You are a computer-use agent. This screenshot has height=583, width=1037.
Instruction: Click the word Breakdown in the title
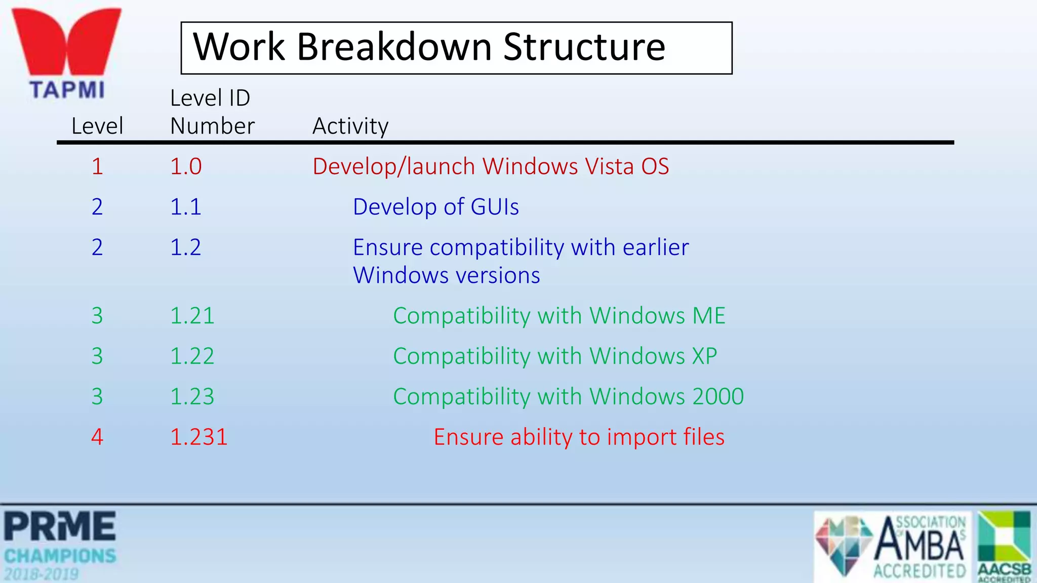tap(394, 47)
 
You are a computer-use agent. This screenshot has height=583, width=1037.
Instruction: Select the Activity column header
tap(350, 126)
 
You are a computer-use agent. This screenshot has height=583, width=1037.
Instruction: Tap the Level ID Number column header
tap(212, 112)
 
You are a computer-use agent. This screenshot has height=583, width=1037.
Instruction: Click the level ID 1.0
tap(186, 166)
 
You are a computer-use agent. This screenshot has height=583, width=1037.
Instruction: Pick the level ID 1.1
tap(186, 207)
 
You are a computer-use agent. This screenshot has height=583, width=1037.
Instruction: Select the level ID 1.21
tap(192, 316)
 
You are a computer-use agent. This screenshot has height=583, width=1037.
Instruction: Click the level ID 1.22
tap(192, 356)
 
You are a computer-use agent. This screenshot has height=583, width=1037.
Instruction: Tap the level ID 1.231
tap(199, 437)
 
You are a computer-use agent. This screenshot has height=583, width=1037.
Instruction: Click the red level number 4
tap(97, 437)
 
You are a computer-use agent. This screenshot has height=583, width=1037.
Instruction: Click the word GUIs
tap(495, 207)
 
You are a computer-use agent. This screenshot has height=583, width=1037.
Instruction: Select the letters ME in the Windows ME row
tap(709, 316)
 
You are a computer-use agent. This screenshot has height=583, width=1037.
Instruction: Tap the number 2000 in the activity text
tap(718, 397)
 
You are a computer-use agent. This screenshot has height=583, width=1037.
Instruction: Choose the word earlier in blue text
tap(656, 247)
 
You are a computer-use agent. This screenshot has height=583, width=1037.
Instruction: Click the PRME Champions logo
tap(60, 546)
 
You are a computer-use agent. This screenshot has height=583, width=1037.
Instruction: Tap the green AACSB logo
tap(1005, 546)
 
